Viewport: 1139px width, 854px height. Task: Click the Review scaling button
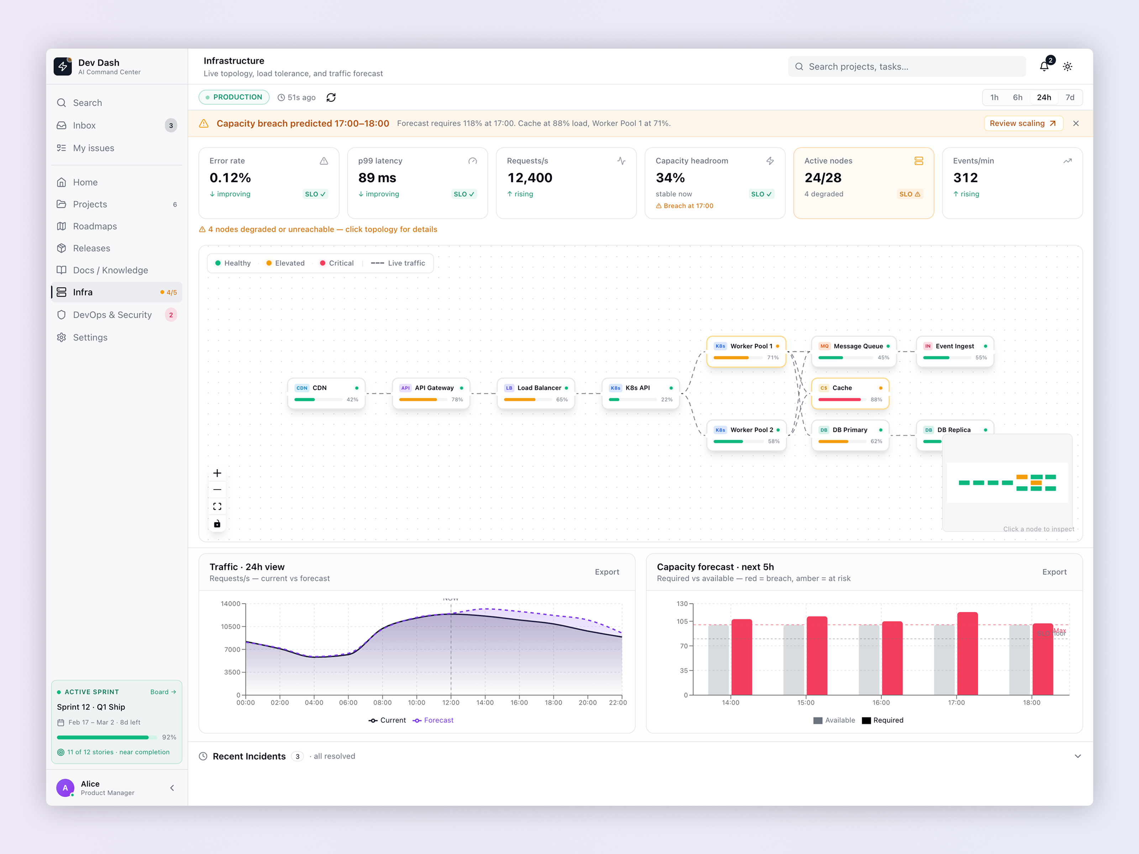tap(1023, 123)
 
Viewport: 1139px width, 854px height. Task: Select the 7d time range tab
tap(1070, 97)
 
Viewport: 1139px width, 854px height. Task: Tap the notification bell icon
tap(1044, 67)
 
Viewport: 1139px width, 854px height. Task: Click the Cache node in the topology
tap(850, 393)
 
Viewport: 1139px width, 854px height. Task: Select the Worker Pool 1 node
tap(746, 351)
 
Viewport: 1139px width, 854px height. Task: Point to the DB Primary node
tap(850, 435)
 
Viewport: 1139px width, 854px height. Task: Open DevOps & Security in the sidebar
tap(112, 315)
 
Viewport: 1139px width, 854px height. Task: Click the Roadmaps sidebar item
tap(95, 226)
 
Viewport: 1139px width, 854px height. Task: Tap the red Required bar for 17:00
tap(967, 654)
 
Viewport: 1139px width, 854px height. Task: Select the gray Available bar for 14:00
tap(718, 660)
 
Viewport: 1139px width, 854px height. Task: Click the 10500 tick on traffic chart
tap(231, 627)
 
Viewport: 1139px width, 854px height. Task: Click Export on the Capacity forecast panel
tap(1054, 572)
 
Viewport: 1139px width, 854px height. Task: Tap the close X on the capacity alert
tap(1076, 123)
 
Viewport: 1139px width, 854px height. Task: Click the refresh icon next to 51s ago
tap(331, 97)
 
